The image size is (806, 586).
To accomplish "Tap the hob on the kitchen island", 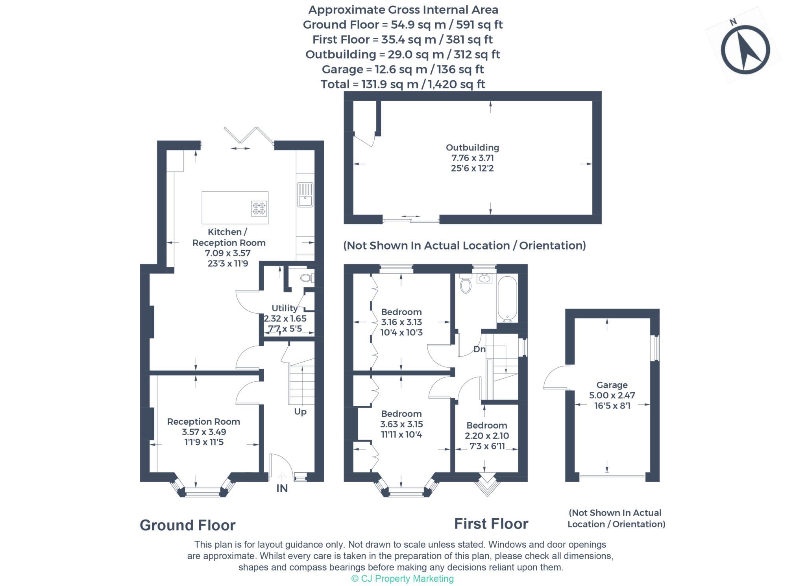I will click(259, 208).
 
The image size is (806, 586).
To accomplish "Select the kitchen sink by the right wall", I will click(305, 194).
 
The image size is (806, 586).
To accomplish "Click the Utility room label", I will click(285, 308).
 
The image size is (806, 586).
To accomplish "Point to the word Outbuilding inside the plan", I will click(472, 148).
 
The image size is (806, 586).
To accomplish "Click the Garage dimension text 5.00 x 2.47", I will click(612, 395).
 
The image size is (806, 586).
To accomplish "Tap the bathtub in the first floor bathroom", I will click(507, 299).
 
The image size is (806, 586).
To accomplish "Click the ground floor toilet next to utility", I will click(306, 278).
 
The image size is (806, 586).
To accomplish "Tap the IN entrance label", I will click(282, 488).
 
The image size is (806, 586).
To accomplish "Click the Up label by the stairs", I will click(300, 412).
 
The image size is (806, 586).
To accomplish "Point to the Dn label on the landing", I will click(479, 349).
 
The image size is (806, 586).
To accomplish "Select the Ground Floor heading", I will click(187, 525).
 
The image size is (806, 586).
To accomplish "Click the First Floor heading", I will click(491, 524).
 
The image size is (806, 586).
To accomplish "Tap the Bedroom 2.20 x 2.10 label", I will click(487, 425).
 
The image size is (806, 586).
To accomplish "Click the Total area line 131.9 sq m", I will click(403, 84).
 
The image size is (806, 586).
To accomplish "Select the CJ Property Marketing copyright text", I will click(402, 579).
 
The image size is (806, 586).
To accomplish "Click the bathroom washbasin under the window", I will click(483, 278).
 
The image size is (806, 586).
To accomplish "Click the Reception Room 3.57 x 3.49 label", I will click(203, 421).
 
